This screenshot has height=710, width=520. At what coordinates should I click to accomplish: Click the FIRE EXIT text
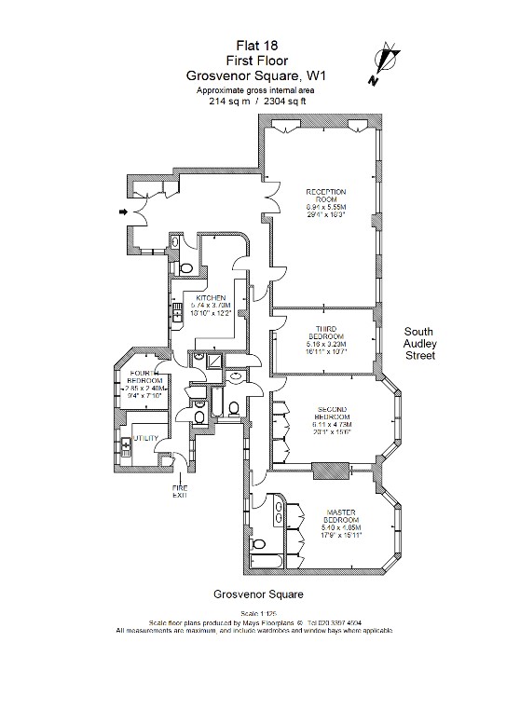tap(179, 491)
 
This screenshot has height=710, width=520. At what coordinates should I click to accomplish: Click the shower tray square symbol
tap(212, 360)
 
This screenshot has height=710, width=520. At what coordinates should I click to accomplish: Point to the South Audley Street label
tap(429, 343)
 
